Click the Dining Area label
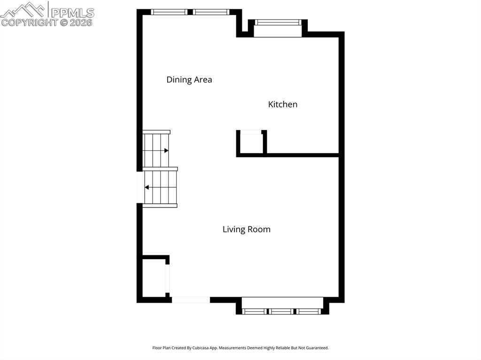tap(189, 80)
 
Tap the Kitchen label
tap(282, 104)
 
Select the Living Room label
tap(246, 230)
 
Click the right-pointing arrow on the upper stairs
tap(166, 151)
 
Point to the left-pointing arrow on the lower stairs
tap(147, 187)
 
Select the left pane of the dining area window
tap(169, 12)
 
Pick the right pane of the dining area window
tap(211, 12)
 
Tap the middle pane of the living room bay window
tap(281, 311)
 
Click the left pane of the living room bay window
tap(255, 311)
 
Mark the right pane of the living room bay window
tap(309, 311)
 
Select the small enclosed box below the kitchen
tap(251, 144)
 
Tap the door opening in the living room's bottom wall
tap(191, 299)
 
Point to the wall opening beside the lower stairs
tap(140, 187)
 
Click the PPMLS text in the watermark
tap(72, 12)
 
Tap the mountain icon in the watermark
tap(23, 9)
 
